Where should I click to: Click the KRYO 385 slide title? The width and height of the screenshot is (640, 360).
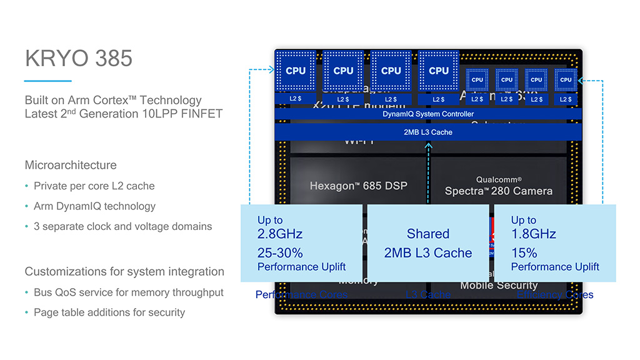pos(79,58)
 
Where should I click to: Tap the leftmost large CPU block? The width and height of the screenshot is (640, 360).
pos(296,71)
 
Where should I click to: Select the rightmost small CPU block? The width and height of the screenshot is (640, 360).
pos(566,80)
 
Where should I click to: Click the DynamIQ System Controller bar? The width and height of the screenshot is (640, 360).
pos(428,114)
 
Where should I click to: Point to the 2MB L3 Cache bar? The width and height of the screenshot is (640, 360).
pos(428,132)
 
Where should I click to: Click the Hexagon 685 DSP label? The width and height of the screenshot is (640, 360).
pos(359,186)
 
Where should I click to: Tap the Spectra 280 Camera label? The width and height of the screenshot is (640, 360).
pos(498,191)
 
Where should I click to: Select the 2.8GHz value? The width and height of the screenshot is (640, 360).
pos(280,234)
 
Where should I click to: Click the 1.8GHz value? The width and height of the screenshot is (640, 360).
pos(533,234)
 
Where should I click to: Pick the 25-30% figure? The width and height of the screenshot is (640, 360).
pos(280,253)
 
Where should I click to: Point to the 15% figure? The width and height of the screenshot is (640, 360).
pos(524,253)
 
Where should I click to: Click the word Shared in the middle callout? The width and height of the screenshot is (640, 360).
pos(428,234)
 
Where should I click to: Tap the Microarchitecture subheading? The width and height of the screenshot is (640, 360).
pos(71,166)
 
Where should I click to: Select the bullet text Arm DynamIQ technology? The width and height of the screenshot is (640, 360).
pos(94,206)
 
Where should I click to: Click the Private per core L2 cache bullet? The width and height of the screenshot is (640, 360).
pos(94,186)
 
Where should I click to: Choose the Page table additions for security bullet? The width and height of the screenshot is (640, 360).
pos(109,312)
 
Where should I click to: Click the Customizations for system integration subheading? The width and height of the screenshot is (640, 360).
pos(124,272)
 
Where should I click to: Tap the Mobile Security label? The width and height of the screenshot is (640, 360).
pos(499,286)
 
